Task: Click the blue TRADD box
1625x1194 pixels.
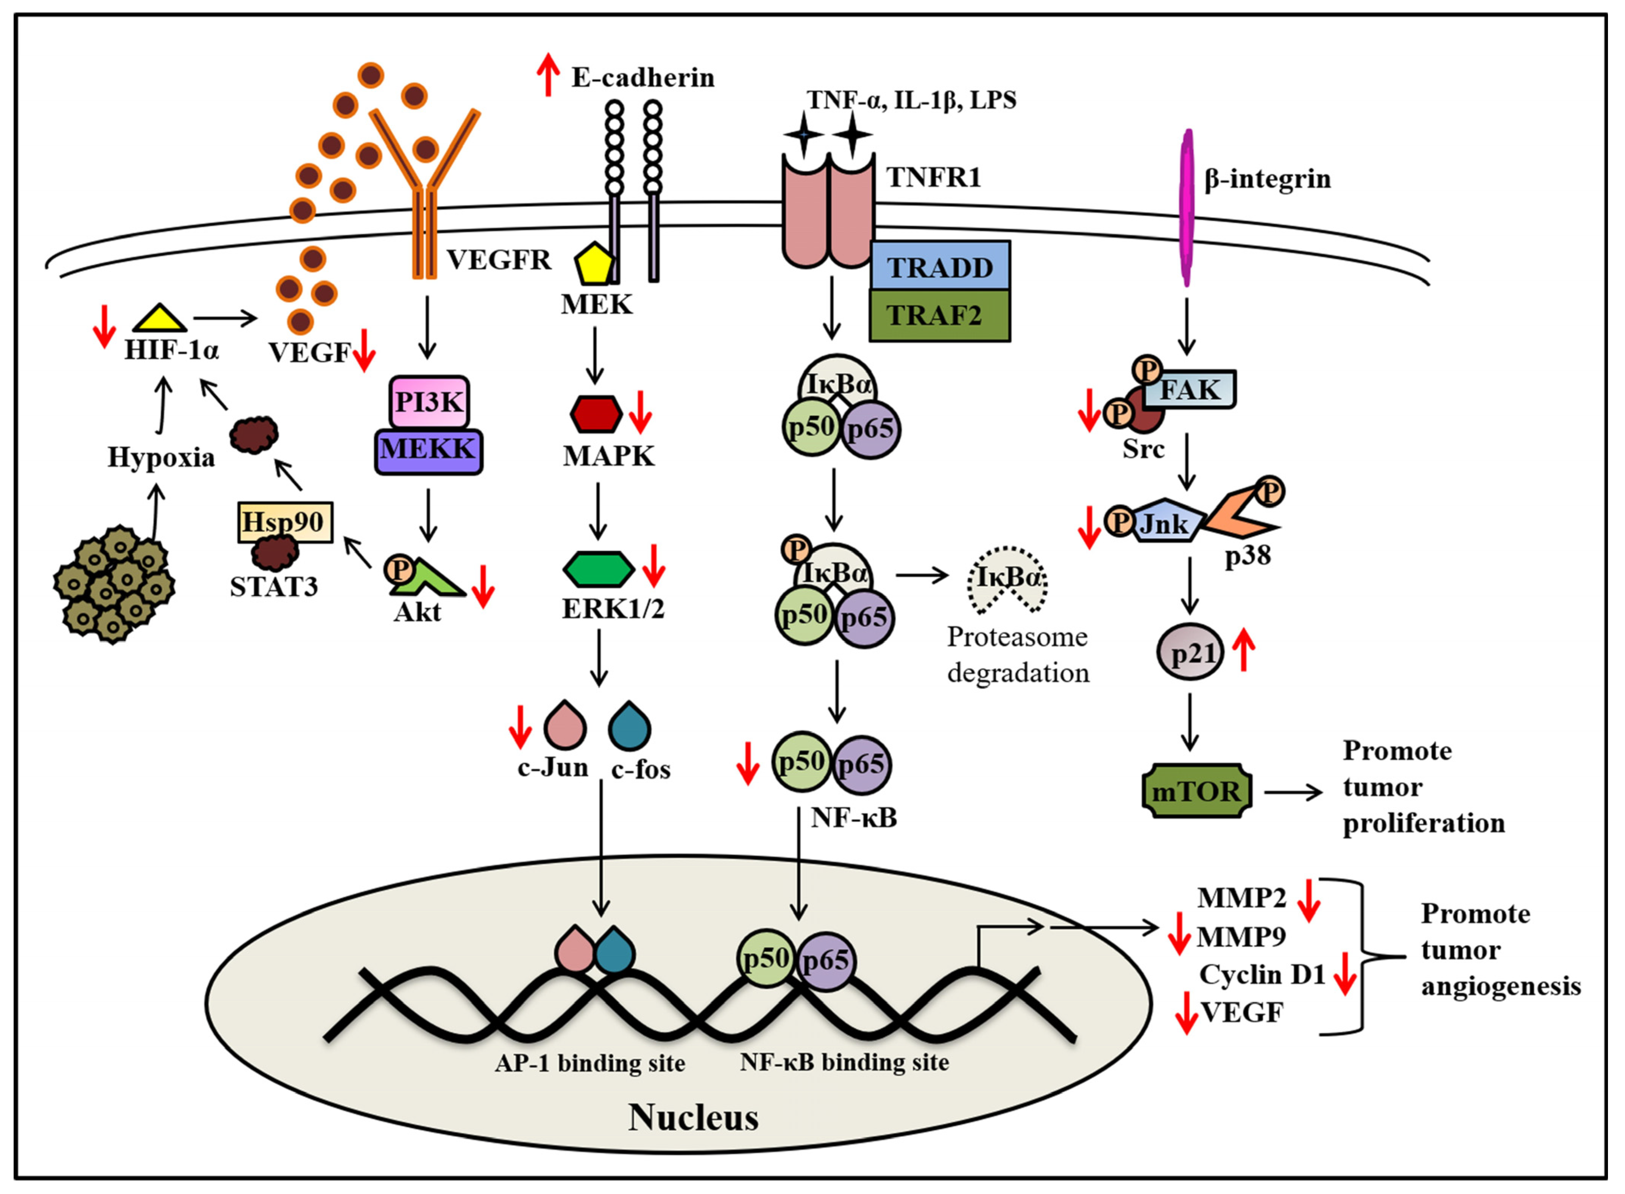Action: click(940, 266)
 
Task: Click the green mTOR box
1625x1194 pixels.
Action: click(1196, 792)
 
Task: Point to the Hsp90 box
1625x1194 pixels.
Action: click(284, 522)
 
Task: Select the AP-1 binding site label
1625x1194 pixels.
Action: click(590, 1063)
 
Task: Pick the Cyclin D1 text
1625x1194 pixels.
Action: click(1262, 974)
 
